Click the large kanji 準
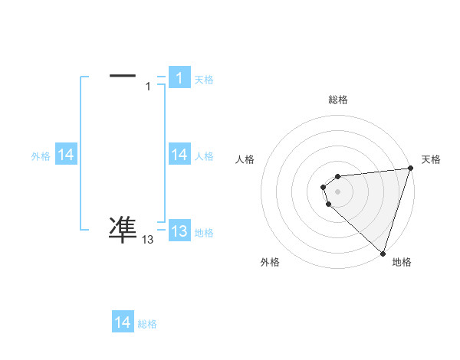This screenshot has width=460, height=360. pyautogui.click(x=123, y=228)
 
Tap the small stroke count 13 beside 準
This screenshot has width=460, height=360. pyautogui.click(x=148, y=240)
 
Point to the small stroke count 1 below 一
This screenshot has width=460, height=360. pyautogui.click(x=148, y=87)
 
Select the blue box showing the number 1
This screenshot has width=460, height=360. pyautogui.click(x=179, y=78)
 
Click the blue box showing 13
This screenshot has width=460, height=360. pyautogui.click(x=179, y=231)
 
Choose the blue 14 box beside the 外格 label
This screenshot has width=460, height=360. pyautogui.click(x=65, y=155)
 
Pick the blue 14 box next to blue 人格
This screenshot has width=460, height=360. pyautogui.click(x=179, y=155)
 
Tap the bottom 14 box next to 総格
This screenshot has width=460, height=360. pyautogui.click(x=123, y=322)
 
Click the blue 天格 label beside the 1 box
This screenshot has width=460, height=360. pyautogui.click(x=204, y=80)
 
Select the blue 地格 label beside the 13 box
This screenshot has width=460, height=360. pyautogui.click(x=204, y=233)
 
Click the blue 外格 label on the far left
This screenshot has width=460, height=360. pyautogui.click(x=41, y=156)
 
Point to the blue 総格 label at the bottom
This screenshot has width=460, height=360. pyautogui.click(x=147, y=324)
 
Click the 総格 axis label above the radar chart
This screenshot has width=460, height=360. pyautogui.click(x=338, y=100)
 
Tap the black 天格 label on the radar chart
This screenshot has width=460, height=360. pyautogui.click(x=431, y=159)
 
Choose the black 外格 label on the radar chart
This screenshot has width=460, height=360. pyautogui.click(x=270, y=262)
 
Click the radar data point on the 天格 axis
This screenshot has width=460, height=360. pyautogui.click(x=411, y=168)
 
